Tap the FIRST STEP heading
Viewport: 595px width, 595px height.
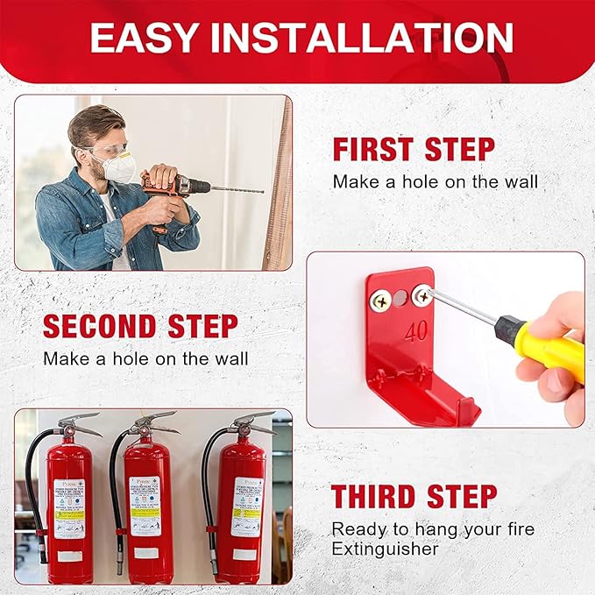413,149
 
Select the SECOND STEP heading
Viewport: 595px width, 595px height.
140,326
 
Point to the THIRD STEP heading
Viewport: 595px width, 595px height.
414,496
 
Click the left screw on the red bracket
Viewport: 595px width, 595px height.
382,301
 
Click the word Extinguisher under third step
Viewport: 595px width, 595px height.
385,549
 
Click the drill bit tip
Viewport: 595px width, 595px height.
261,190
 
